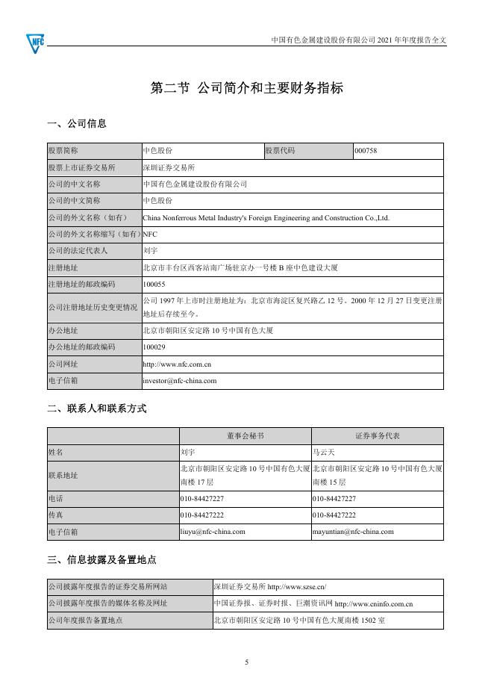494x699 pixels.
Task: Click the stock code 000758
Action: click(x=366, y=151)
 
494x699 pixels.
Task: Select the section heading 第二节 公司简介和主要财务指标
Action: click(x=247, y=88)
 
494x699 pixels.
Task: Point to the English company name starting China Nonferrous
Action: click(x=266, y=218)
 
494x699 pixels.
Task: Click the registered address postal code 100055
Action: click(x=154, y=285)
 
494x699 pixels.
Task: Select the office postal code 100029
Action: click(x=154, y=347)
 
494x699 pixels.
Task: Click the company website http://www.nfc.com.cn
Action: click(x=177, y=364)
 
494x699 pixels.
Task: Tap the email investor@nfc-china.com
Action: click(x=180, y=380)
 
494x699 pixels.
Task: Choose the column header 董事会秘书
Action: click(x=246, y=435)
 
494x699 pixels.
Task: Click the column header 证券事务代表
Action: click(x=377, y=435)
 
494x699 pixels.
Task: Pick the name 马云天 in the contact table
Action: click(x=325, y=452)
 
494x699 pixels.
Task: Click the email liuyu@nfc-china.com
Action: click(x=213, y=532)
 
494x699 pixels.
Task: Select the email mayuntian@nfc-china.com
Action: click(x=353, y=532)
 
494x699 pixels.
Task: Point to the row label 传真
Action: click(x=55, y=515)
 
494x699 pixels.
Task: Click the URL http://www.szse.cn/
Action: click(x=297, y=587)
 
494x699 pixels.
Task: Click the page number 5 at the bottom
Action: click(x=247, y=662)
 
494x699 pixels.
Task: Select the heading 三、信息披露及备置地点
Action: click(x=101, y=559)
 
